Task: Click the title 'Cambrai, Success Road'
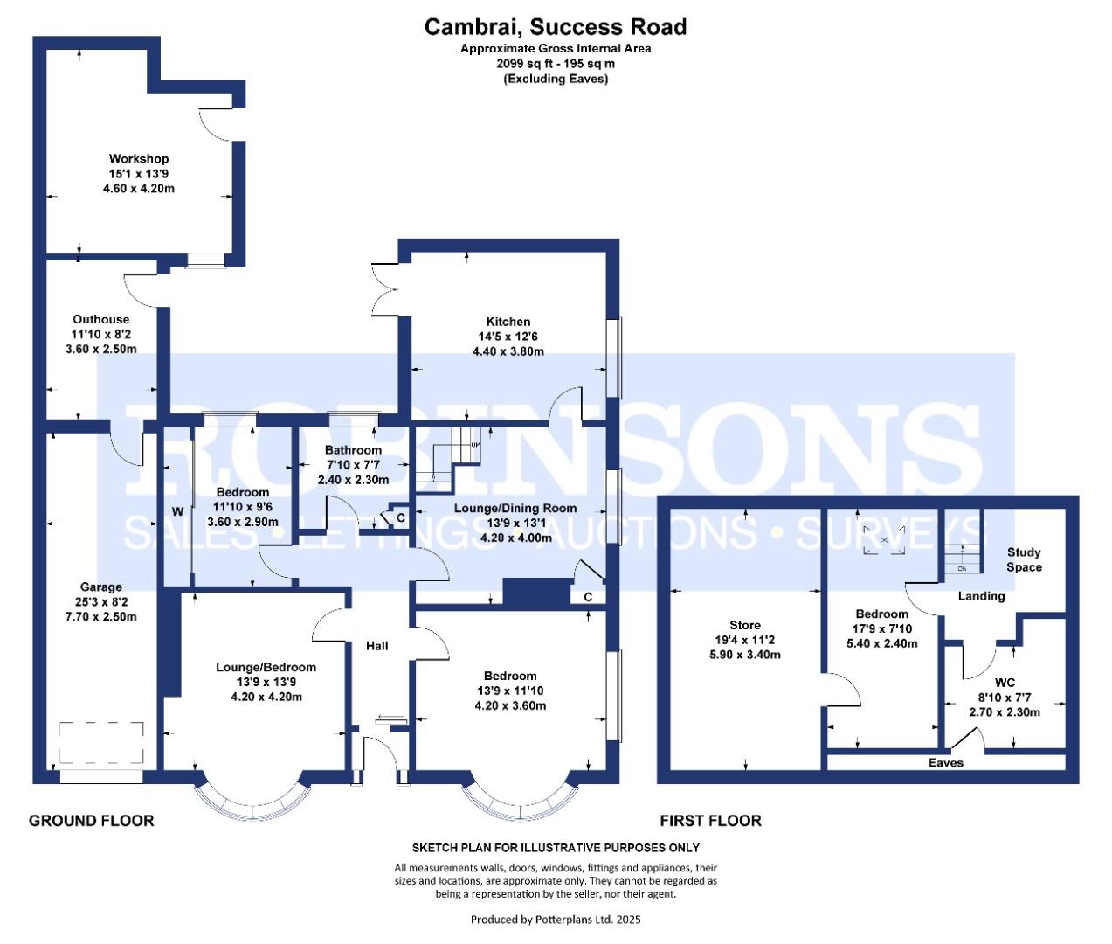pos(556,27)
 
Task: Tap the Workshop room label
pos(139,158)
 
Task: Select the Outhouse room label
pos(100,319)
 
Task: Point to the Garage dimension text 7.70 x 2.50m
pos(101,616)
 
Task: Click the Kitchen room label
pos(508,321)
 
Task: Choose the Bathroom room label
pos(353,449)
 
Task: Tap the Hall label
pos(377,645)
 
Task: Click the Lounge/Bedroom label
pos(266,667)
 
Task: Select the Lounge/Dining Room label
pos(515,508)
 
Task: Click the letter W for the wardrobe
pos(177,510)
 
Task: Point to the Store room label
pos(745,625)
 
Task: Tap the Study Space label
pos(1024,559)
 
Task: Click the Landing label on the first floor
pos(981,596)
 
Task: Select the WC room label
pos(1005,682)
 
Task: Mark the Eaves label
pos(945,763)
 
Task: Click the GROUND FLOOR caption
pos(91,820)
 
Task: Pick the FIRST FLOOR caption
pos(710,820)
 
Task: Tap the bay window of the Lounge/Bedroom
pos(251,797)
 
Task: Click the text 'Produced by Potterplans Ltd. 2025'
pos(556,919)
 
